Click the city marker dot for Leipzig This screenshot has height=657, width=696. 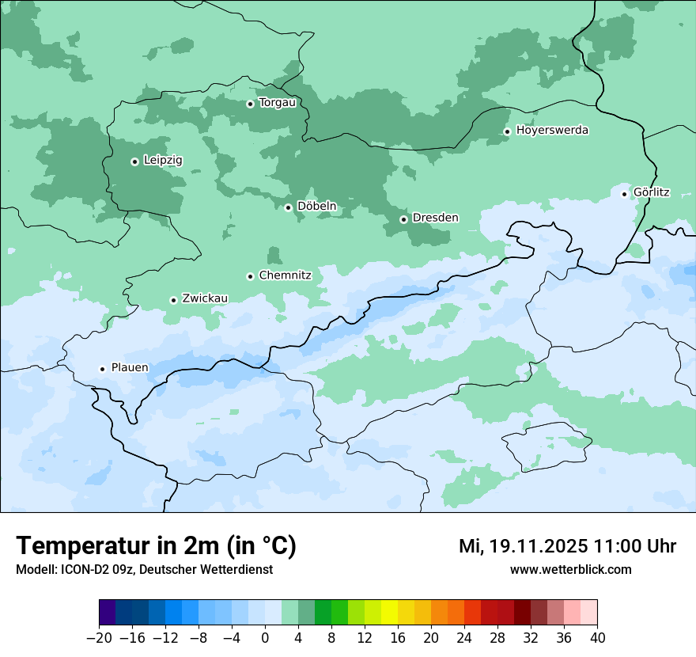134,161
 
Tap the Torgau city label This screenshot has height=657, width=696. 277,103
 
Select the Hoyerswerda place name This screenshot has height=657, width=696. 552,130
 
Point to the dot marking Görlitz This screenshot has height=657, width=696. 624,193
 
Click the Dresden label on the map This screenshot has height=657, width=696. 435,218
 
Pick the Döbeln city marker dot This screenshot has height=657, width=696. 288,207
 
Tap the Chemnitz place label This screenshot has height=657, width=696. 285,275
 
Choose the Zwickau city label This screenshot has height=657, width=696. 205,298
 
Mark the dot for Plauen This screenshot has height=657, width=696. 102,369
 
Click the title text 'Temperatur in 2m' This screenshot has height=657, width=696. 119,545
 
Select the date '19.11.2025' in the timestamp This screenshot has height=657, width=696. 537,546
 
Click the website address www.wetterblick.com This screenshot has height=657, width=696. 570,569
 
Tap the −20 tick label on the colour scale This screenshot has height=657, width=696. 99,638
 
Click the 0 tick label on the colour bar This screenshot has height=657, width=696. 265,638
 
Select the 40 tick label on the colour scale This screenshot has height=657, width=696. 597,638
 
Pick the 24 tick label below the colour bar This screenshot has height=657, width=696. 464,638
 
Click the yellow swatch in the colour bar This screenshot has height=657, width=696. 389,613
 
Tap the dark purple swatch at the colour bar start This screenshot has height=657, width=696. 108,613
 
